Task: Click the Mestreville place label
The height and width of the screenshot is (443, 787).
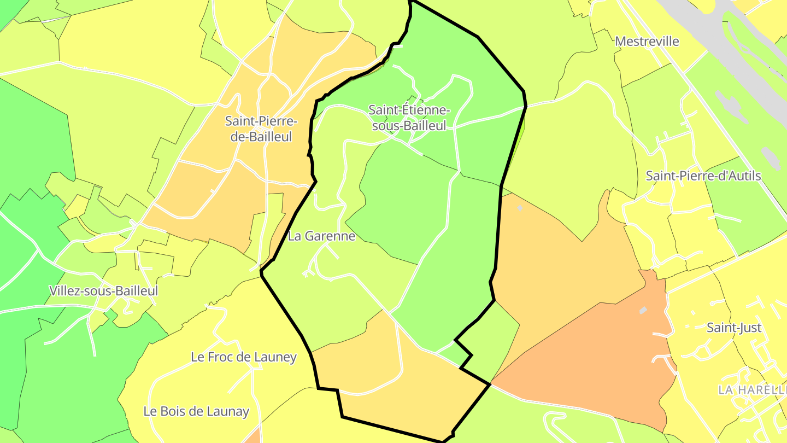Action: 647,42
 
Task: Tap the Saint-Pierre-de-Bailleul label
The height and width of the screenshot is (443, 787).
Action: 261,129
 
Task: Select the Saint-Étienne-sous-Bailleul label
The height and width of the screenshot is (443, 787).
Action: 409,118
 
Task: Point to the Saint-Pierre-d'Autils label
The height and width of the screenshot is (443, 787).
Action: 703,176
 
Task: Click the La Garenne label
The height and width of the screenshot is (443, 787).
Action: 321,236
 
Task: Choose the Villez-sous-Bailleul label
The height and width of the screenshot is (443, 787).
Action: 103,291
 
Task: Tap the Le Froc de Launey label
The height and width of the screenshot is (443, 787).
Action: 243,357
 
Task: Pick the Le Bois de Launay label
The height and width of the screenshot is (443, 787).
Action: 196,411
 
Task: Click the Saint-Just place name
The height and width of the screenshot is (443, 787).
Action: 734,328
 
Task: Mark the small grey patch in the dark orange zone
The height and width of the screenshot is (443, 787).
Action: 643,311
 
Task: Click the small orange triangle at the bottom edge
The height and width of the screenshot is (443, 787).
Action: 253,437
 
